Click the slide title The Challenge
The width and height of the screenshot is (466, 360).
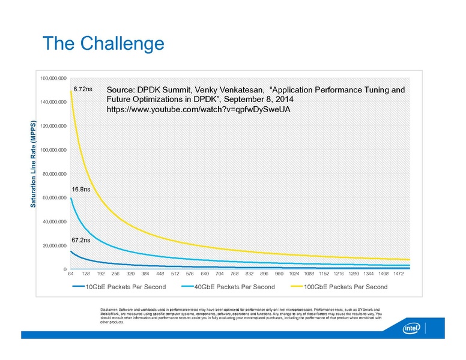(103, 44)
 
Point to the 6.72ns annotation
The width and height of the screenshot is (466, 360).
(82, 89)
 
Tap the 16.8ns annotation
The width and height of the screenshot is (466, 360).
(81, 189)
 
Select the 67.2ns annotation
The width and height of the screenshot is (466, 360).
(81, 240)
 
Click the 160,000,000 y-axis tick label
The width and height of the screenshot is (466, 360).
(53, 78)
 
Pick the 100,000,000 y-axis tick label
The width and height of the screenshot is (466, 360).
(53, 149)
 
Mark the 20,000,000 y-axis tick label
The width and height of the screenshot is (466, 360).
(55, 245)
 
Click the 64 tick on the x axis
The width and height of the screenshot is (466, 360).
(70, 274)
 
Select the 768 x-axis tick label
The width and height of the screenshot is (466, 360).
(233, 274)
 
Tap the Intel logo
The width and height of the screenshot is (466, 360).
(410, 330)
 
